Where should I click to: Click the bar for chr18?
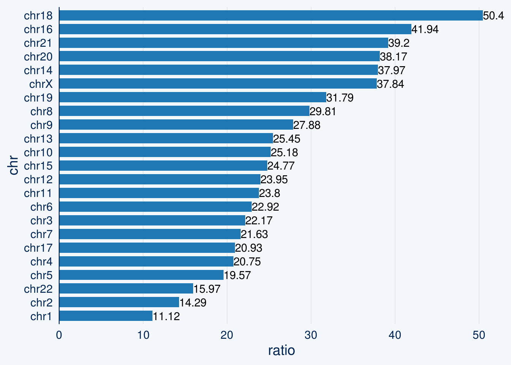point(271,16)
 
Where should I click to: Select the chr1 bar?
point(106,316)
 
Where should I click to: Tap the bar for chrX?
point(218,84)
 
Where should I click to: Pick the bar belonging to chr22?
point(126,289)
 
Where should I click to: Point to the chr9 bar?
point(176,125)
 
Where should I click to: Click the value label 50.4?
point(493,16)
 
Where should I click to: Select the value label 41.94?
point(425,29)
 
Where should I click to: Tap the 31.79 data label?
point(340,98)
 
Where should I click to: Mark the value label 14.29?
point(193,303)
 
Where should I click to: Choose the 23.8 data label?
point(270,193)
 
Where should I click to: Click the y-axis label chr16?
point(38,29)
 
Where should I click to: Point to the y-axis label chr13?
point(38,139)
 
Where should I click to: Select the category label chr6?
point(41,207)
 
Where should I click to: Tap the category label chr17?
point(38,248)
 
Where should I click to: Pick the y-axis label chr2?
point(41,303)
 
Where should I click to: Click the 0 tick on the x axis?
point(59,335)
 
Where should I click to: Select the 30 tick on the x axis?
point(311,335)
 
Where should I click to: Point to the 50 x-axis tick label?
point(479,335)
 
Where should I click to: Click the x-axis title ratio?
point(281,350)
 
